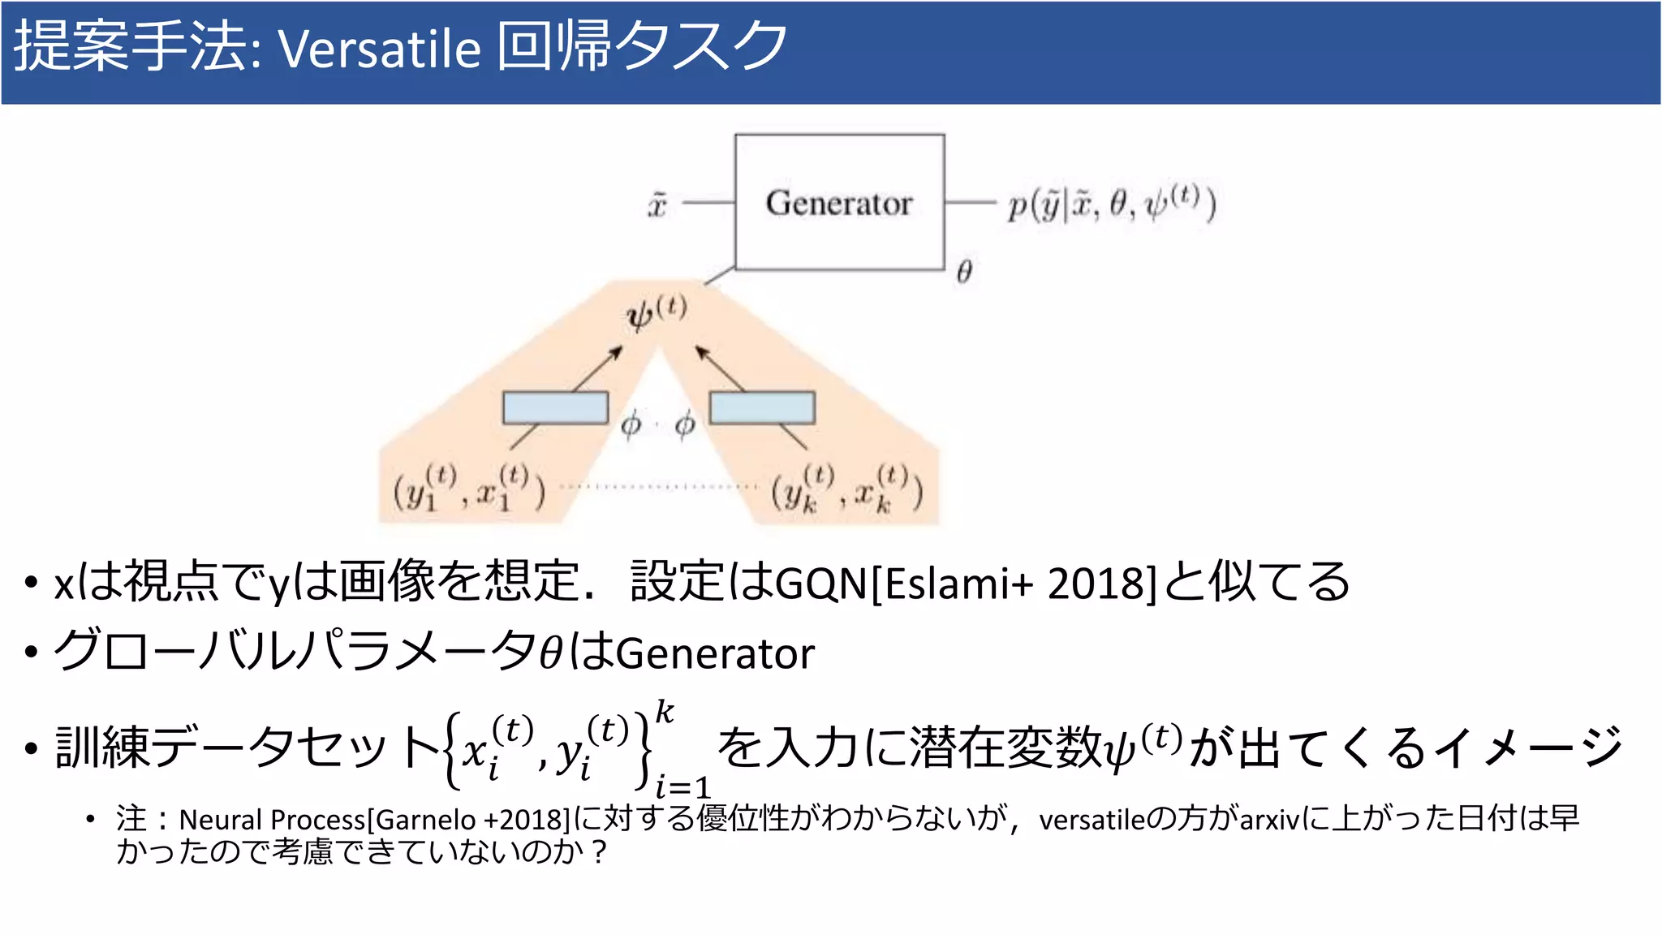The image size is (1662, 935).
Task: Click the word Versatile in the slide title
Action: (380, 49)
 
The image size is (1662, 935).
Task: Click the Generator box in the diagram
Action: (839, 202)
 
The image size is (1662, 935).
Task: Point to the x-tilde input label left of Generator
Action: (657, 204)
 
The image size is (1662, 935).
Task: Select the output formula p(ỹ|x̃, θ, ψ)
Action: (1111, 204)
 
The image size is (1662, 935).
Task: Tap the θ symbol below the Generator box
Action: (964, 271)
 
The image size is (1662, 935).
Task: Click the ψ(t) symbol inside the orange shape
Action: (656, 312)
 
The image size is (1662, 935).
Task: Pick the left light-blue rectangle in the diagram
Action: (555, 407)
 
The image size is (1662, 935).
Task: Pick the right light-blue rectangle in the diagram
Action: (762, 407)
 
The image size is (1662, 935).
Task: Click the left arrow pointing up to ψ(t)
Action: (598, 368)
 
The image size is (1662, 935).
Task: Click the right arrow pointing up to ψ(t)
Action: (720, 368)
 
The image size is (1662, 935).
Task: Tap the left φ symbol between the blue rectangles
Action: (631, 423)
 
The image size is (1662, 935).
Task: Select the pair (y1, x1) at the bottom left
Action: (469, 489)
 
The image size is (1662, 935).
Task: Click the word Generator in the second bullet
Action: (715, 653)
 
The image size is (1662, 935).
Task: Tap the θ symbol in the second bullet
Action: (551, 653)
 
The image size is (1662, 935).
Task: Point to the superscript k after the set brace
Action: (665, 712)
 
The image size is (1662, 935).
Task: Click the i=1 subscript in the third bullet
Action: (682, 786)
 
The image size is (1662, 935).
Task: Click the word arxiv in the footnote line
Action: (1269, 820)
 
